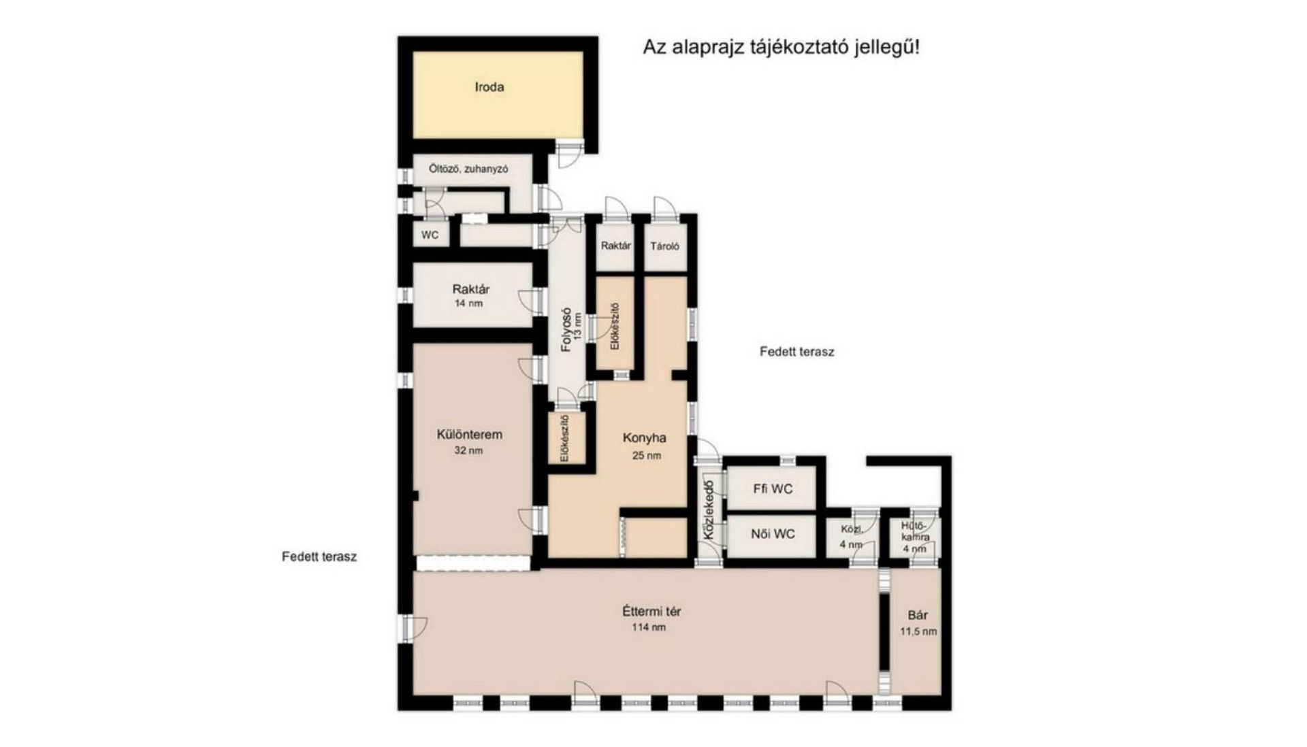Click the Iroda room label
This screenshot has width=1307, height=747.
pos(489,87)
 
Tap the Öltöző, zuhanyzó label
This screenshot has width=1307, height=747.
pos(468,169)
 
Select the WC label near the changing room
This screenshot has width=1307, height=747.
pos(430,235)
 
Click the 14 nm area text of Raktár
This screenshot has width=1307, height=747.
pos(468,303)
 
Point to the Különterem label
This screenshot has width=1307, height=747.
pos(470,435)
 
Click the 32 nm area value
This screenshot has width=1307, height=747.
pos(468,450)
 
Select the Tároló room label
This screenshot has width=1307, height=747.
pos(664,246)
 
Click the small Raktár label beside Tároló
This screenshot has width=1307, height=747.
pos(616,246)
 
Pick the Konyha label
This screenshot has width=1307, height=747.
pos(644,438)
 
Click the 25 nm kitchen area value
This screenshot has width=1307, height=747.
pos(646,456)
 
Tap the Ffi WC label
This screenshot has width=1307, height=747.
pos(773,489)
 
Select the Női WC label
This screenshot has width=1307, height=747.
pos(773,534)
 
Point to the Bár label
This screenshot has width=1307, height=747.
pos(918,616)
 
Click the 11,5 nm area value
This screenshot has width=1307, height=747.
pos(918,631)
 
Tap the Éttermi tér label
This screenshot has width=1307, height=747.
pos(651,611)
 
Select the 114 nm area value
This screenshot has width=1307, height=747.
pos(649,627)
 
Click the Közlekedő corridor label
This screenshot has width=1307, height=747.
pos(708,510)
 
